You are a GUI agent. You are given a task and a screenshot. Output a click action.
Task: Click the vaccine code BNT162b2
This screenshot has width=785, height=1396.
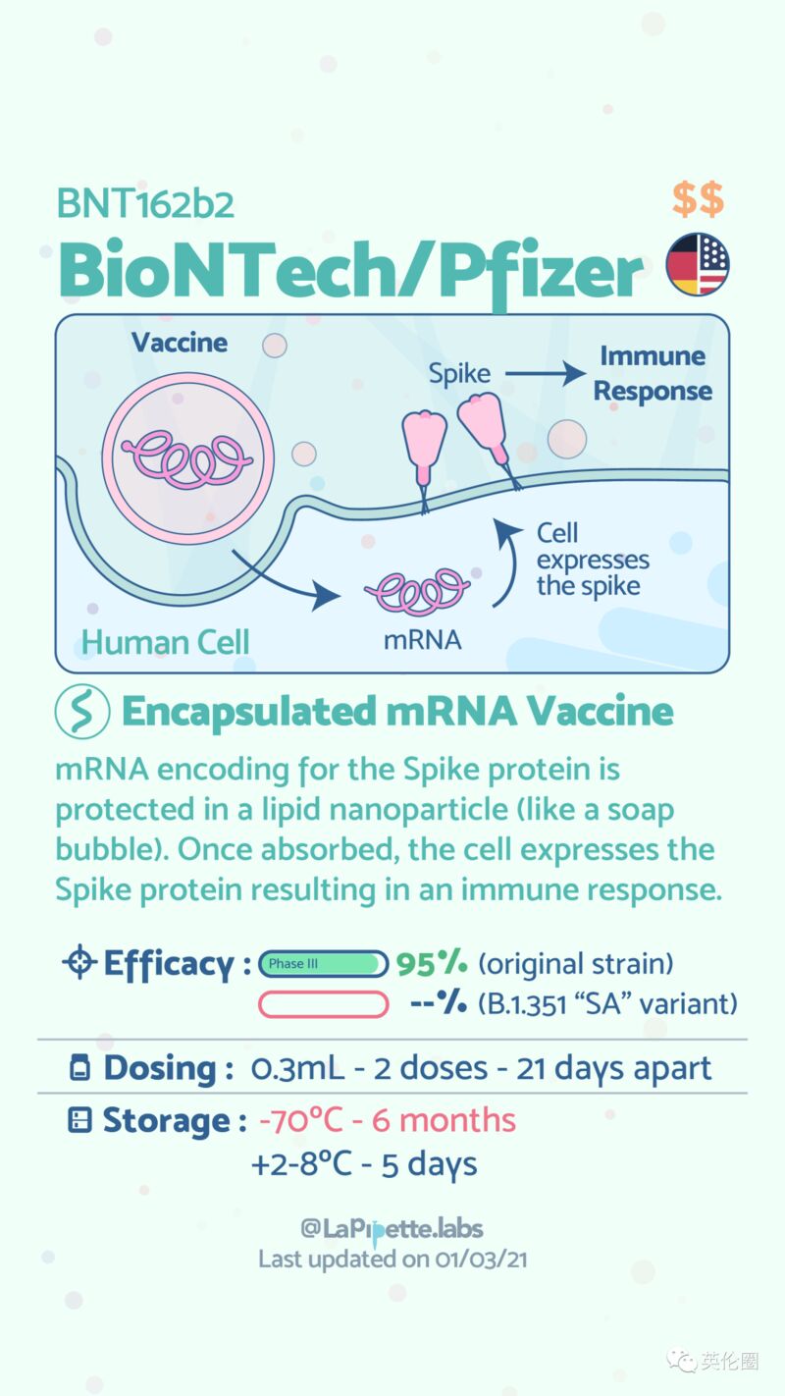(145, 204)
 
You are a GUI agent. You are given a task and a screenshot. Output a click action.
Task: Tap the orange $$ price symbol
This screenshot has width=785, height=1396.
(698, 199)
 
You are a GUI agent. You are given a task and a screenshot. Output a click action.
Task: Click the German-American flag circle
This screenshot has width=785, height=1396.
(697, 264)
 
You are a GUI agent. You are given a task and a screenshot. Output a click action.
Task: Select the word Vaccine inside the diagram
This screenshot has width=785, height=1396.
(180, 343)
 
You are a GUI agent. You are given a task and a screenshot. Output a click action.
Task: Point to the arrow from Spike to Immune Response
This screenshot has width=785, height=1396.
(546, 374)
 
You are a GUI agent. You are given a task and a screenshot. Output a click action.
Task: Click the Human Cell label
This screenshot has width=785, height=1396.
(165, 642)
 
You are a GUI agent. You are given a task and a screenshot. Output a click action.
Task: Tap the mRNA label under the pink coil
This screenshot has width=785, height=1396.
(422, 640)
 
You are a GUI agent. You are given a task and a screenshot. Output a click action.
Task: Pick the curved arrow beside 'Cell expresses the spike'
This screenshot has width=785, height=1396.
(512, 561)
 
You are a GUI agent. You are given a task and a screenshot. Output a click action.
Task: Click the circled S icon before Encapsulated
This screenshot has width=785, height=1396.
(82, 712)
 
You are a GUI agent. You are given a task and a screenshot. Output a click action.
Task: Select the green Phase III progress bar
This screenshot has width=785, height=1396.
(324, 963)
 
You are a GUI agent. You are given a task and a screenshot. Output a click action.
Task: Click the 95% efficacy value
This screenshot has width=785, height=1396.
(431, 963)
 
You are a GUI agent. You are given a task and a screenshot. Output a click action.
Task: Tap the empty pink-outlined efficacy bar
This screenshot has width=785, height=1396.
(324, 1004)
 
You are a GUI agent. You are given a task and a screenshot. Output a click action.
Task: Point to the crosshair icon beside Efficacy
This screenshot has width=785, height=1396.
(79, 962)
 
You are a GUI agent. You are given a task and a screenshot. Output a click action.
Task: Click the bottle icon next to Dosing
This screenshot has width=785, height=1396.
(79, 1067)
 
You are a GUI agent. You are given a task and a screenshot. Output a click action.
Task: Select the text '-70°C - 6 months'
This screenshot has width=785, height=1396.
(388, 1120)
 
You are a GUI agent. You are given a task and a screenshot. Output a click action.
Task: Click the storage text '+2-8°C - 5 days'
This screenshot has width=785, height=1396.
(364, 1164)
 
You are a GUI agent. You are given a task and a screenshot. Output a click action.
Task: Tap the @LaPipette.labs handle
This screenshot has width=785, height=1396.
(392, 1229)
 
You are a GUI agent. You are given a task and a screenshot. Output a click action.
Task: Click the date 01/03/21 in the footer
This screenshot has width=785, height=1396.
(481, 1260)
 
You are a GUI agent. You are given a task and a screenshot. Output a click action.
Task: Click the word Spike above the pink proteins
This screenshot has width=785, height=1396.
(460, 375)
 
